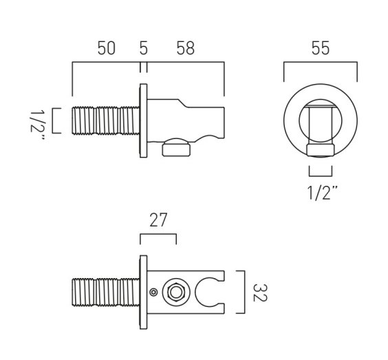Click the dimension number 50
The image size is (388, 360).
(107, 48)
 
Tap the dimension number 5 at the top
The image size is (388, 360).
(144, 48)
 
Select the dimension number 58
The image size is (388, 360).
(186, 48)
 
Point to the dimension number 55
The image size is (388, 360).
(321, 48)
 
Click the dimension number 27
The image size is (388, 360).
(158, 220)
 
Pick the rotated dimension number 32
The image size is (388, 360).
(259, 293)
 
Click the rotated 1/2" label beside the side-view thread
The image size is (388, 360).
(37, 125)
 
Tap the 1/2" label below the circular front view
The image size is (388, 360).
(322, 193)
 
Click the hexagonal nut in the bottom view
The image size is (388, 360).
(176, 292)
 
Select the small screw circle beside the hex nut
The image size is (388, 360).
(153, 292)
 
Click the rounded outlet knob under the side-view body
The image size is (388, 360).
(176, 147)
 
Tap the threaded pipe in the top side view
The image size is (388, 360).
(106, 120)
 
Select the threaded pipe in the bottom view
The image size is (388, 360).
(106, 293)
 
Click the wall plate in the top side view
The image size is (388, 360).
(143, 120)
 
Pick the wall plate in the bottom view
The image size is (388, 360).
(143, 292)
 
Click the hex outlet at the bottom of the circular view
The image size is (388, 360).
(321, 150)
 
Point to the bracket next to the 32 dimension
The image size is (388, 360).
(244, 292)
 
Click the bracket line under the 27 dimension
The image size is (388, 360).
(158, 235)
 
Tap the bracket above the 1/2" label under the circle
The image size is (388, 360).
(321, 176)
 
